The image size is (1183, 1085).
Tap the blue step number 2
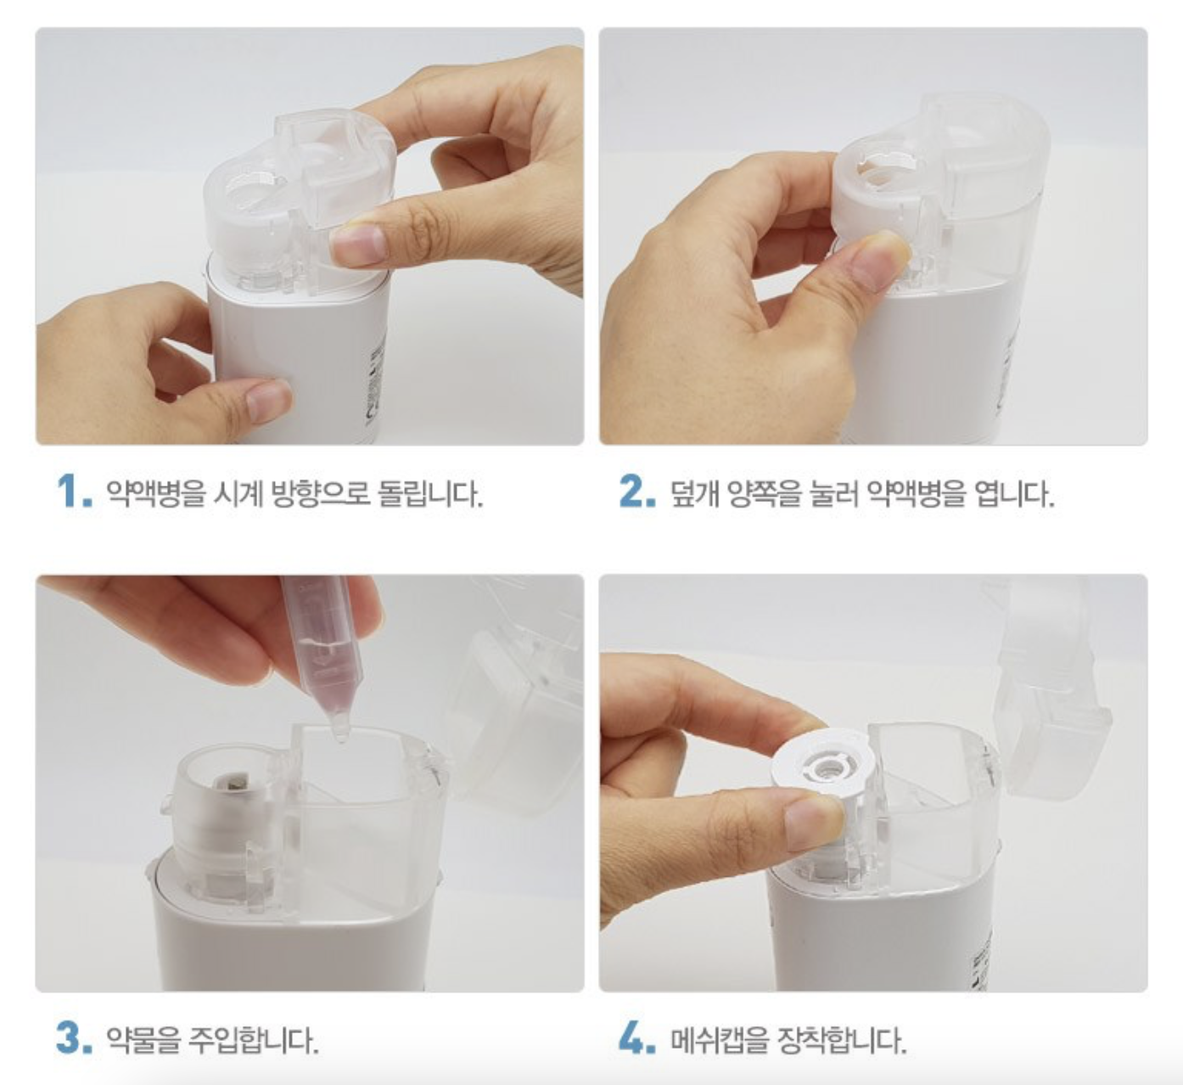pyautogui.click(x=637, y=491)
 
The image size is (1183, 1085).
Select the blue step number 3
pyautogui.click(x=75, y=1037)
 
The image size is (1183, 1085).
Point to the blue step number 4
pyautogui.click(x=637, y=1037)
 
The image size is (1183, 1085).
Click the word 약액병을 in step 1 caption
pyautogui.click(x=155, y=492)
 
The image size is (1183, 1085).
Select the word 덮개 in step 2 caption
pyautogui.click(x=694, y=492)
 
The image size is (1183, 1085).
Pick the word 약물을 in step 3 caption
pyautogui.click(x=143, y=1039)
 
